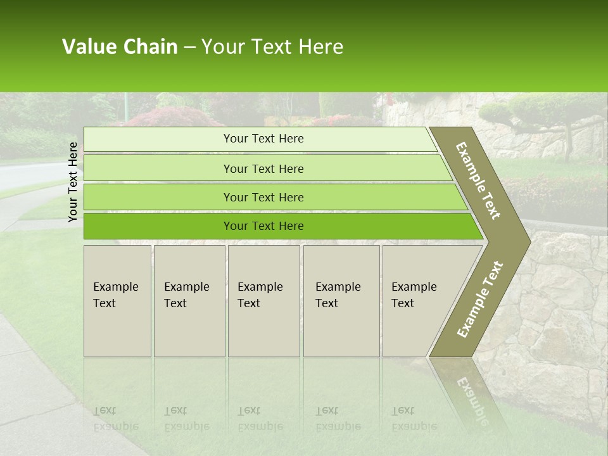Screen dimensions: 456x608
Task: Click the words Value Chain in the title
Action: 120,47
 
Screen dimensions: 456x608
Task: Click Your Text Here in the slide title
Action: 272,47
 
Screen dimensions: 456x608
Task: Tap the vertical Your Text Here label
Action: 73,182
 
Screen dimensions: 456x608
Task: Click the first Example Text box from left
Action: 117,301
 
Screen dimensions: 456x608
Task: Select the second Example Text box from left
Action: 189,301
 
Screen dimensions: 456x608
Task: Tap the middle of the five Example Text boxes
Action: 263,301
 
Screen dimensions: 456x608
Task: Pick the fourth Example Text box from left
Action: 341,301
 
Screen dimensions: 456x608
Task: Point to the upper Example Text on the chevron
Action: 478,180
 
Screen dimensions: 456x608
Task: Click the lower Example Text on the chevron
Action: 480,299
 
